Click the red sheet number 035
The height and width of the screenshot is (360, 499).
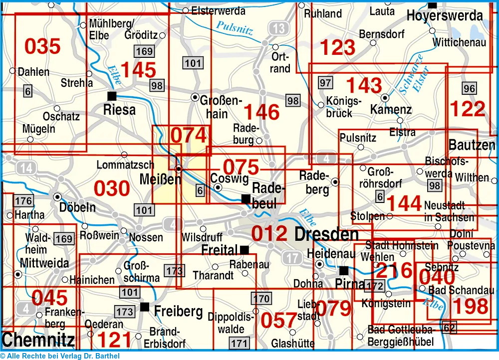coord(42,46)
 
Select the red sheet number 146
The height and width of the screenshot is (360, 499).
coord(261,112)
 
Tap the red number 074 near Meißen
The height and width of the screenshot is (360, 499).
coord(188,136)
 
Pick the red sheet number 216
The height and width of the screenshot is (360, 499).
coord(394,270)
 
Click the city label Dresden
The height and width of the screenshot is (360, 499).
coord(326,234)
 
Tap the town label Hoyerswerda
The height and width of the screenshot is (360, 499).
coord(445,16)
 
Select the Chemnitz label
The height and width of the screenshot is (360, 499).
coord(38,340)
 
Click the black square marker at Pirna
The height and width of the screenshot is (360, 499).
coord(344,271)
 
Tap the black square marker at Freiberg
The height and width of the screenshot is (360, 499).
coord(145,307)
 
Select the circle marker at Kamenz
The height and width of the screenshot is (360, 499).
coord(385,98)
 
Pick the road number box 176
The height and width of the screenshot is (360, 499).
coord(23,201)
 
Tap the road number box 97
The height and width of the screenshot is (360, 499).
coord(325,82)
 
